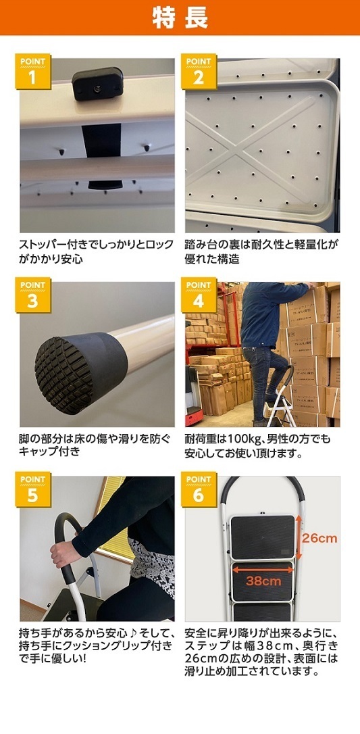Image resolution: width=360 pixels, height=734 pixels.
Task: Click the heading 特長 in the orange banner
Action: point(180,18)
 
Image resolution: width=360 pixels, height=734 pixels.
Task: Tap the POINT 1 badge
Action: point(32,72)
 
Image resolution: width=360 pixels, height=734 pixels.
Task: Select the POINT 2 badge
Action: point(199,72)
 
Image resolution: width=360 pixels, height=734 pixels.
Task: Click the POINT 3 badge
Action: point(32,295)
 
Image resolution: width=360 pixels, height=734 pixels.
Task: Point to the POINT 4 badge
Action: point(199,295)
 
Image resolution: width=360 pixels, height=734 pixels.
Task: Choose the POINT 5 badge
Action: point(32,489)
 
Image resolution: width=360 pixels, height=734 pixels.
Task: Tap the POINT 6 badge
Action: point(199,489)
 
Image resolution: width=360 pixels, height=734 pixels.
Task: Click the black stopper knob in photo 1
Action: point(97,83)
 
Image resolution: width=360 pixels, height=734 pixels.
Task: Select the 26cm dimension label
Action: point(319,538)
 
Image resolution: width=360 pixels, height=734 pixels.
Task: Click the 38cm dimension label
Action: point(264,581)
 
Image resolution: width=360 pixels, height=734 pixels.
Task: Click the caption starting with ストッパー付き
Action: point(97,251)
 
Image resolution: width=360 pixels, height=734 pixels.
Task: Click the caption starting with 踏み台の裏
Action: point(262,251)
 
